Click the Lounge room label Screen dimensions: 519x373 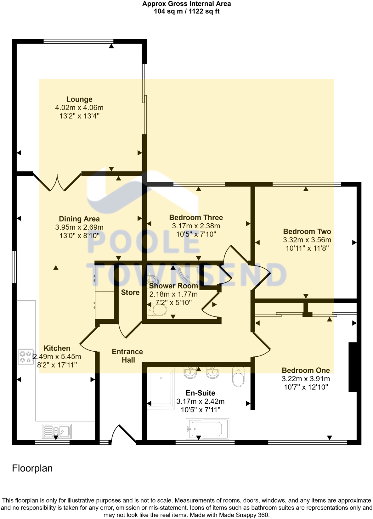[x=79, y=99]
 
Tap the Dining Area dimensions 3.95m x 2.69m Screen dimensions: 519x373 [x=79, y=227]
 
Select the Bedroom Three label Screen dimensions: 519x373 [x=196, y=218]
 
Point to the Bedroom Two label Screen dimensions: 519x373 [x=307, y=232]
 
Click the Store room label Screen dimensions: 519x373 [x=130, y=293]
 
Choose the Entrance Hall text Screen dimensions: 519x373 [x=127, y=356]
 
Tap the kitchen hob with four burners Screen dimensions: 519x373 [x=26, y=357]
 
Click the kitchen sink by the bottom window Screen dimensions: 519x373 [x=57, y=431]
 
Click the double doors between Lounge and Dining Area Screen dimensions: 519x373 [x=57, y=182]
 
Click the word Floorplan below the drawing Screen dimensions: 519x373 [x=32, y=468]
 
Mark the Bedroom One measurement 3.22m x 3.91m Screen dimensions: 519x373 [x=306, y=379]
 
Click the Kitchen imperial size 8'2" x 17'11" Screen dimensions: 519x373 [x=57, y=365]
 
